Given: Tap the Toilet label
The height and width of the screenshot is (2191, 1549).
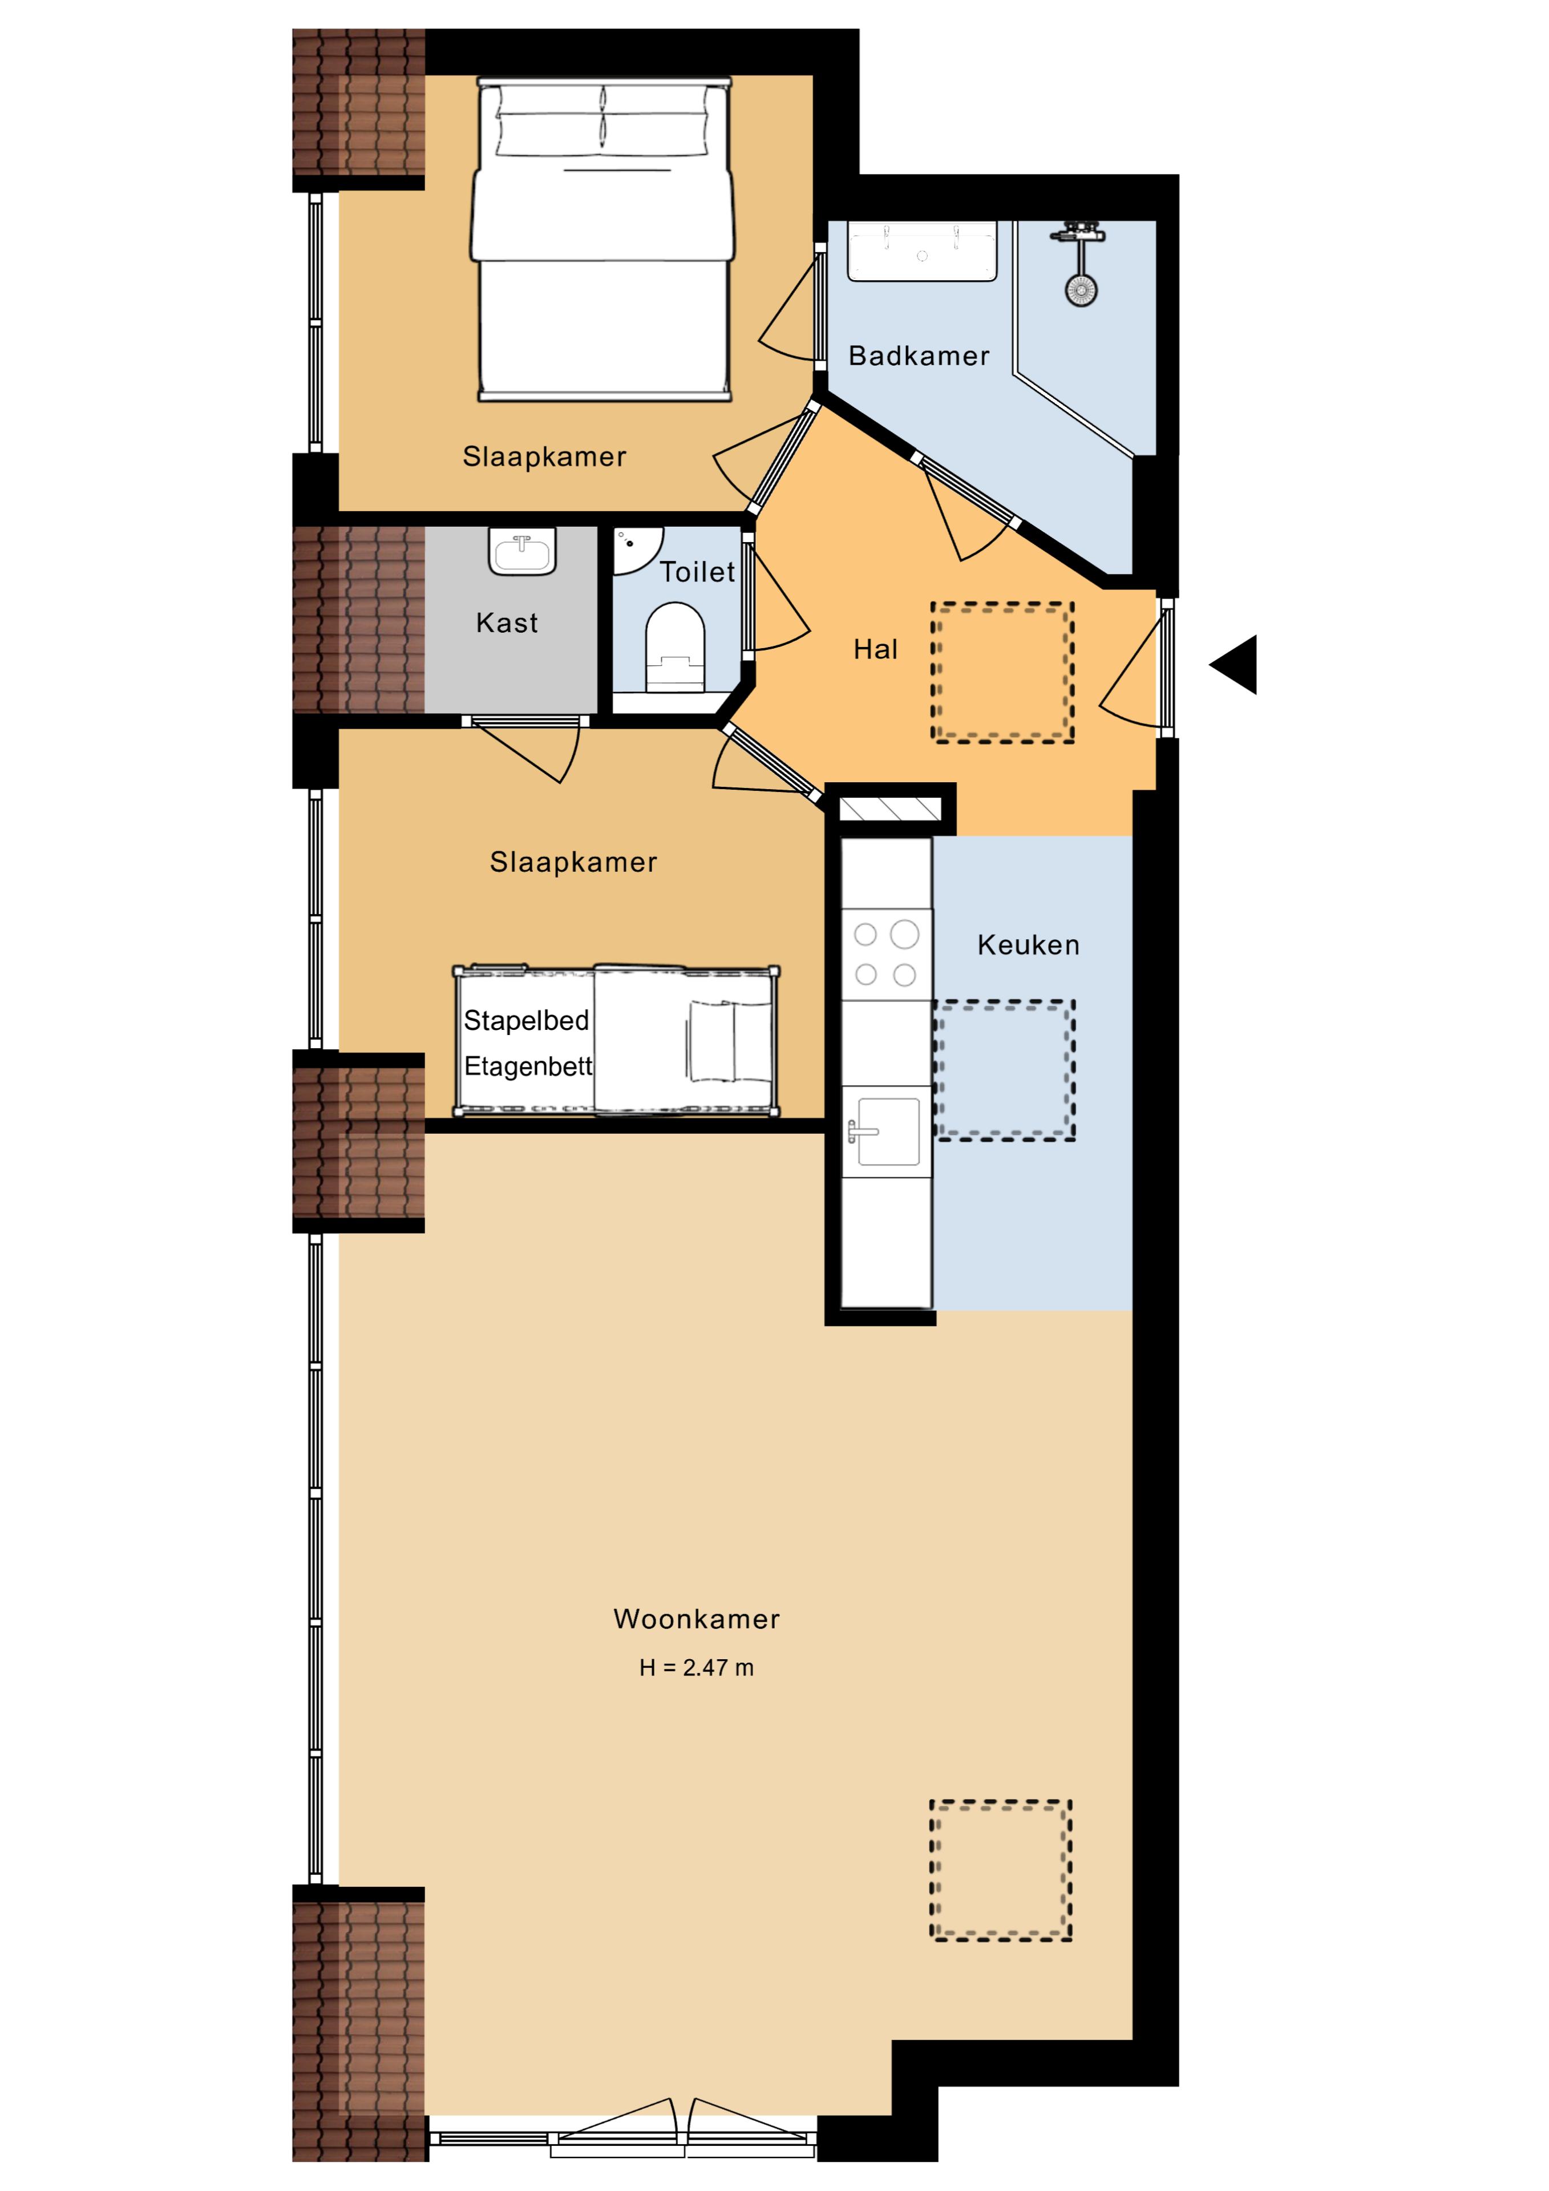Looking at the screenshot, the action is (698, 572).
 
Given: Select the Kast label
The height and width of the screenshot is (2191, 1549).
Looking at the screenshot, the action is (507, 623).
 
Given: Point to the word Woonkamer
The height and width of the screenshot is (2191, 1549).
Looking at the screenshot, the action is (697, 1619).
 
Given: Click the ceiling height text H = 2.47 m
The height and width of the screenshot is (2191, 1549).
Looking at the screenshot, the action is (697, 1667).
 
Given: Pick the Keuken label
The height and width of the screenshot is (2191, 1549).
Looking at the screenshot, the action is (1028, 945).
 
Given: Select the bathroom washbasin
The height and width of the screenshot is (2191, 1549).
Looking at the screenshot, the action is (922, 251).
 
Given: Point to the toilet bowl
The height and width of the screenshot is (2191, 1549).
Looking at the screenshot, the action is (675, 646).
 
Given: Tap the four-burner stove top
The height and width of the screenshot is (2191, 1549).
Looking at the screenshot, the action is (885, 954).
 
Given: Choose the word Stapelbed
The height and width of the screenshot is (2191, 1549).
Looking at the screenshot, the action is (526, 1021).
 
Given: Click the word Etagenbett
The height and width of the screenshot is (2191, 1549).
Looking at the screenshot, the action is (528, 1066).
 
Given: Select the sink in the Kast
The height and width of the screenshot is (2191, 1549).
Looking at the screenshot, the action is (522, 552).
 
